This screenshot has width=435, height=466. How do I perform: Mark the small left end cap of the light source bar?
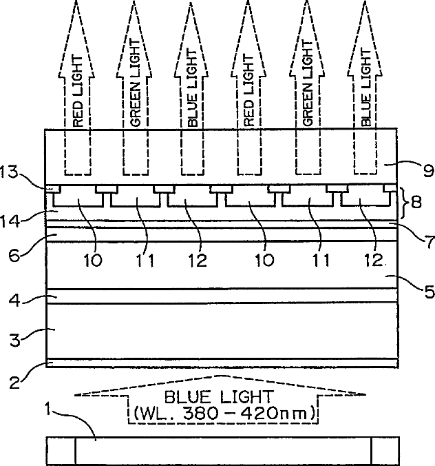(61, 451)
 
